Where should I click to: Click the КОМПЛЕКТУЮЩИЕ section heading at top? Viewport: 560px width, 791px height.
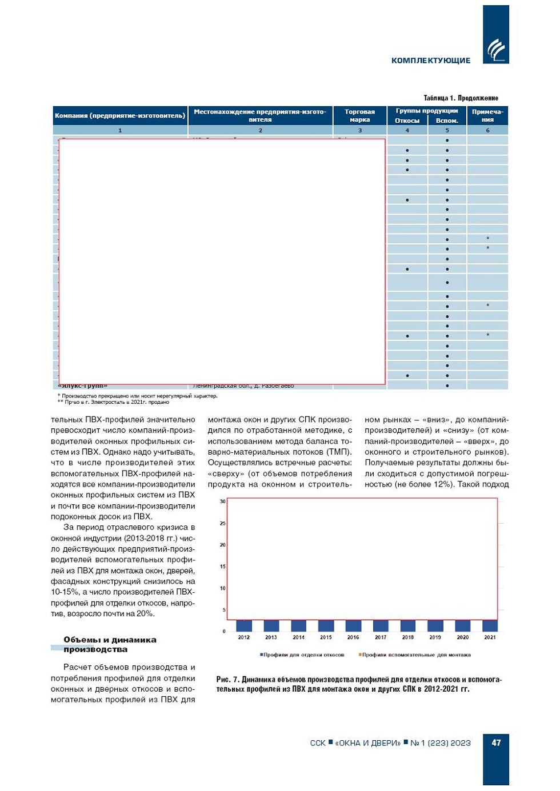click(x=431, y=60)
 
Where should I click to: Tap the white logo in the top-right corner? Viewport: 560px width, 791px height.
click(x=495, y=50)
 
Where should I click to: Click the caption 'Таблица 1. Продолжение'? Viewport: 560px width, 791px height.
click(x=461, y=98)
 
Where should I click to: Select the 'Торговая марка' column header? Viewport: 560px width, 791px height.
click(x=359, y=115)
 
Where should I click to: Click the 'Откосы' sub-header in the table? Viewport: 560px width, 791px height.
click(x=407, y=121)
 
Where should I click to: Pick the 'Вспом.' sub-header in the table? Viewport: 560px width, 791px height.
click(x=447, y=121)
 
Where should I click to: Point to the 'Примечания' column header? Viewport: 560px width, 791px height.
click(x=487, y=115)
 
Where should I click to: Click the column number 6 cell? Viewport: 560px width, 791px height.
click(x=487, y=130)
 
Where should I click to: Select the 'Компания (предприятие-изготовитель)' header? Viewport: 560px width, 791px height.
click(x=120, y=115)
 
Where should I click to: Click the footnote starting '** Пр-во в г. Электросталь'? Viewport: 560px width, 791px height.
click(x=113, y=402)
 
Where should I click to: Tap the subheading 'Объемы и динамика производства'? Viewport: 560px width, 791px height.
click(x=110, y=644)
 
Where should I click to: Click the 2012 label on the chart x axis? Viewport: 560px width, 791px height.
click(x=244, y=637)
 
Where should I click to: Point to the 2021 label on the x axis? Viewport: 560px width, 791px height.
click(x=490, y=637)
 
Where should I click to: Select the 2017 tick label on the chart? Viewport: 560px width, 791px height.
click(x=381, y=637)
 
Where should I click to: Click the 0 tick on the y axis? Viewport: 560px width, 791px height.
click(x=223, y=631)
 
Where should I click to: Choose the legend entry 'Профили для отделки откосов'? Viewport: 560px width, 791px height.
click(x=302, y=655)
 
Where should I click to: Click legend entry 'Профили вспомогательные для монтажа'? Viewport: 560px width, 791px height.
click(x=415, y=655)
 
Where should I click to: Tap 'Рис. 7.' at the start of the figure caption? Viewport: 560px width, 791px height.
click(x=227, y=680)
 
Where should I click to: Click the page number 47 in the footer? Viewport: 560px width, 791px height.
click(x=496, y=742)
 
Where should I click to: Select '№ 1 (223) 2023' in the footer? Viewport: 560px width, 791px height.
click(x=440, y=743)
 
